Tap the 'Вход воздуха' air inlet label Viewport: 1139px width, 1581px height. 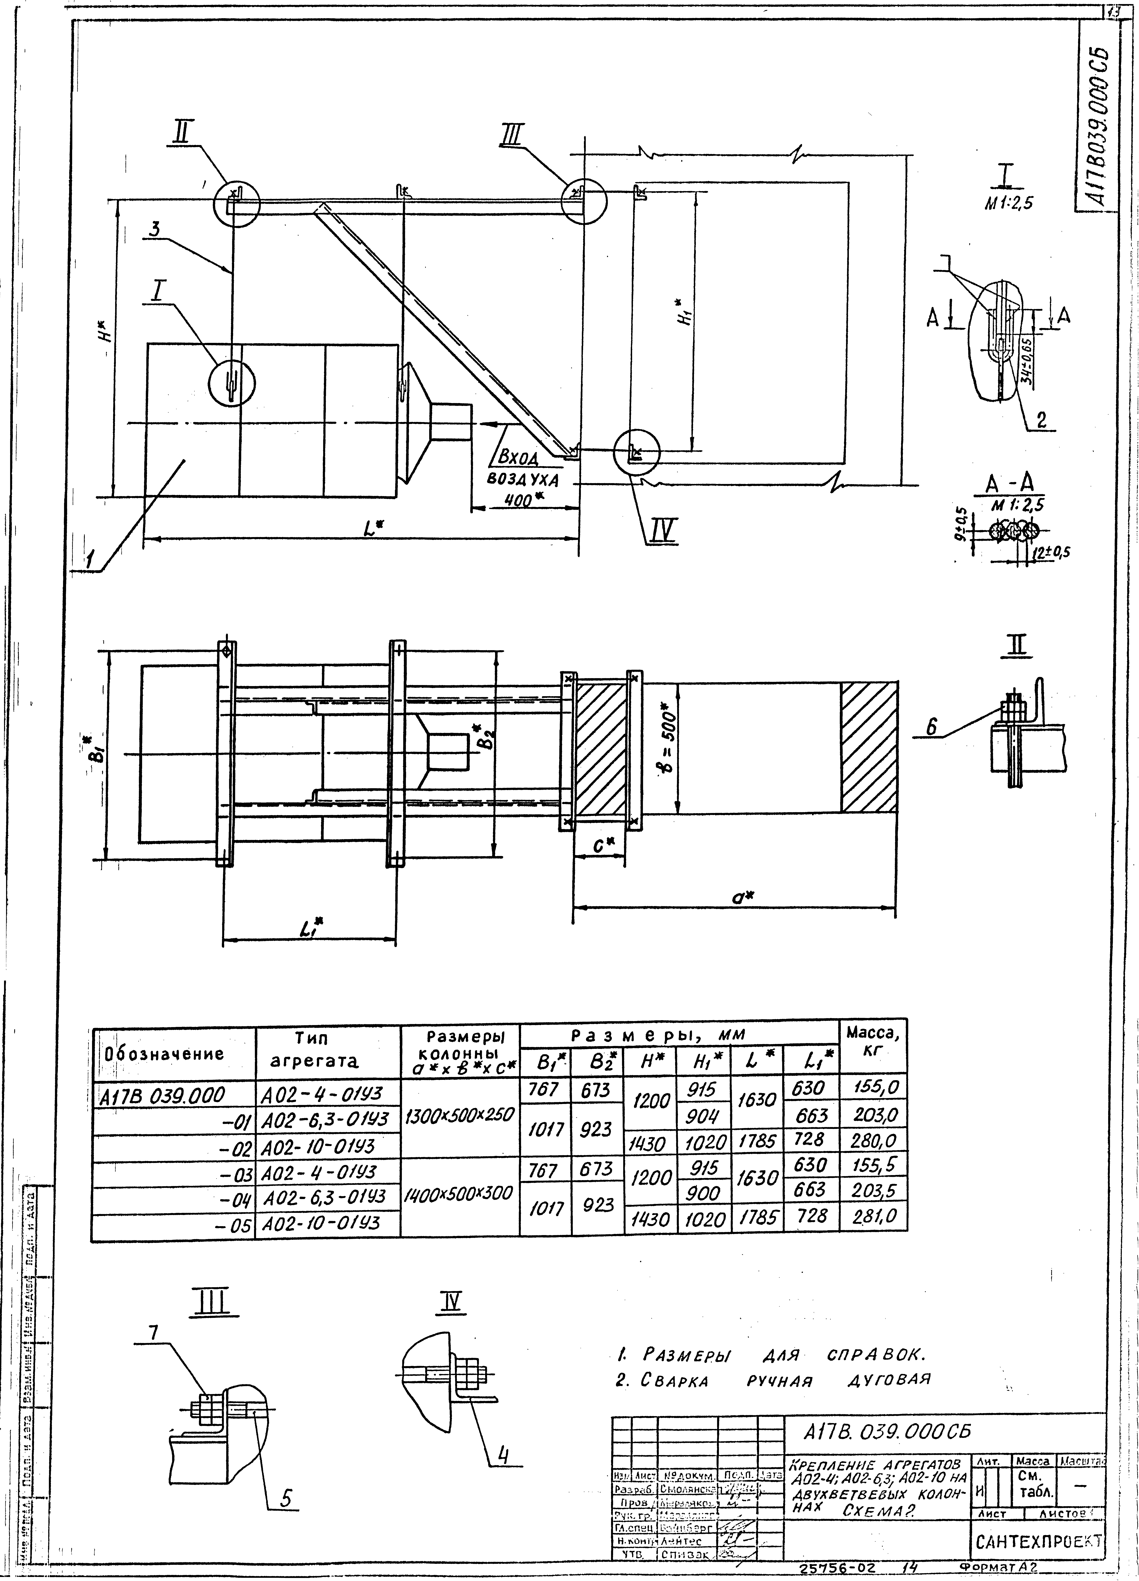point(523,468)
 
